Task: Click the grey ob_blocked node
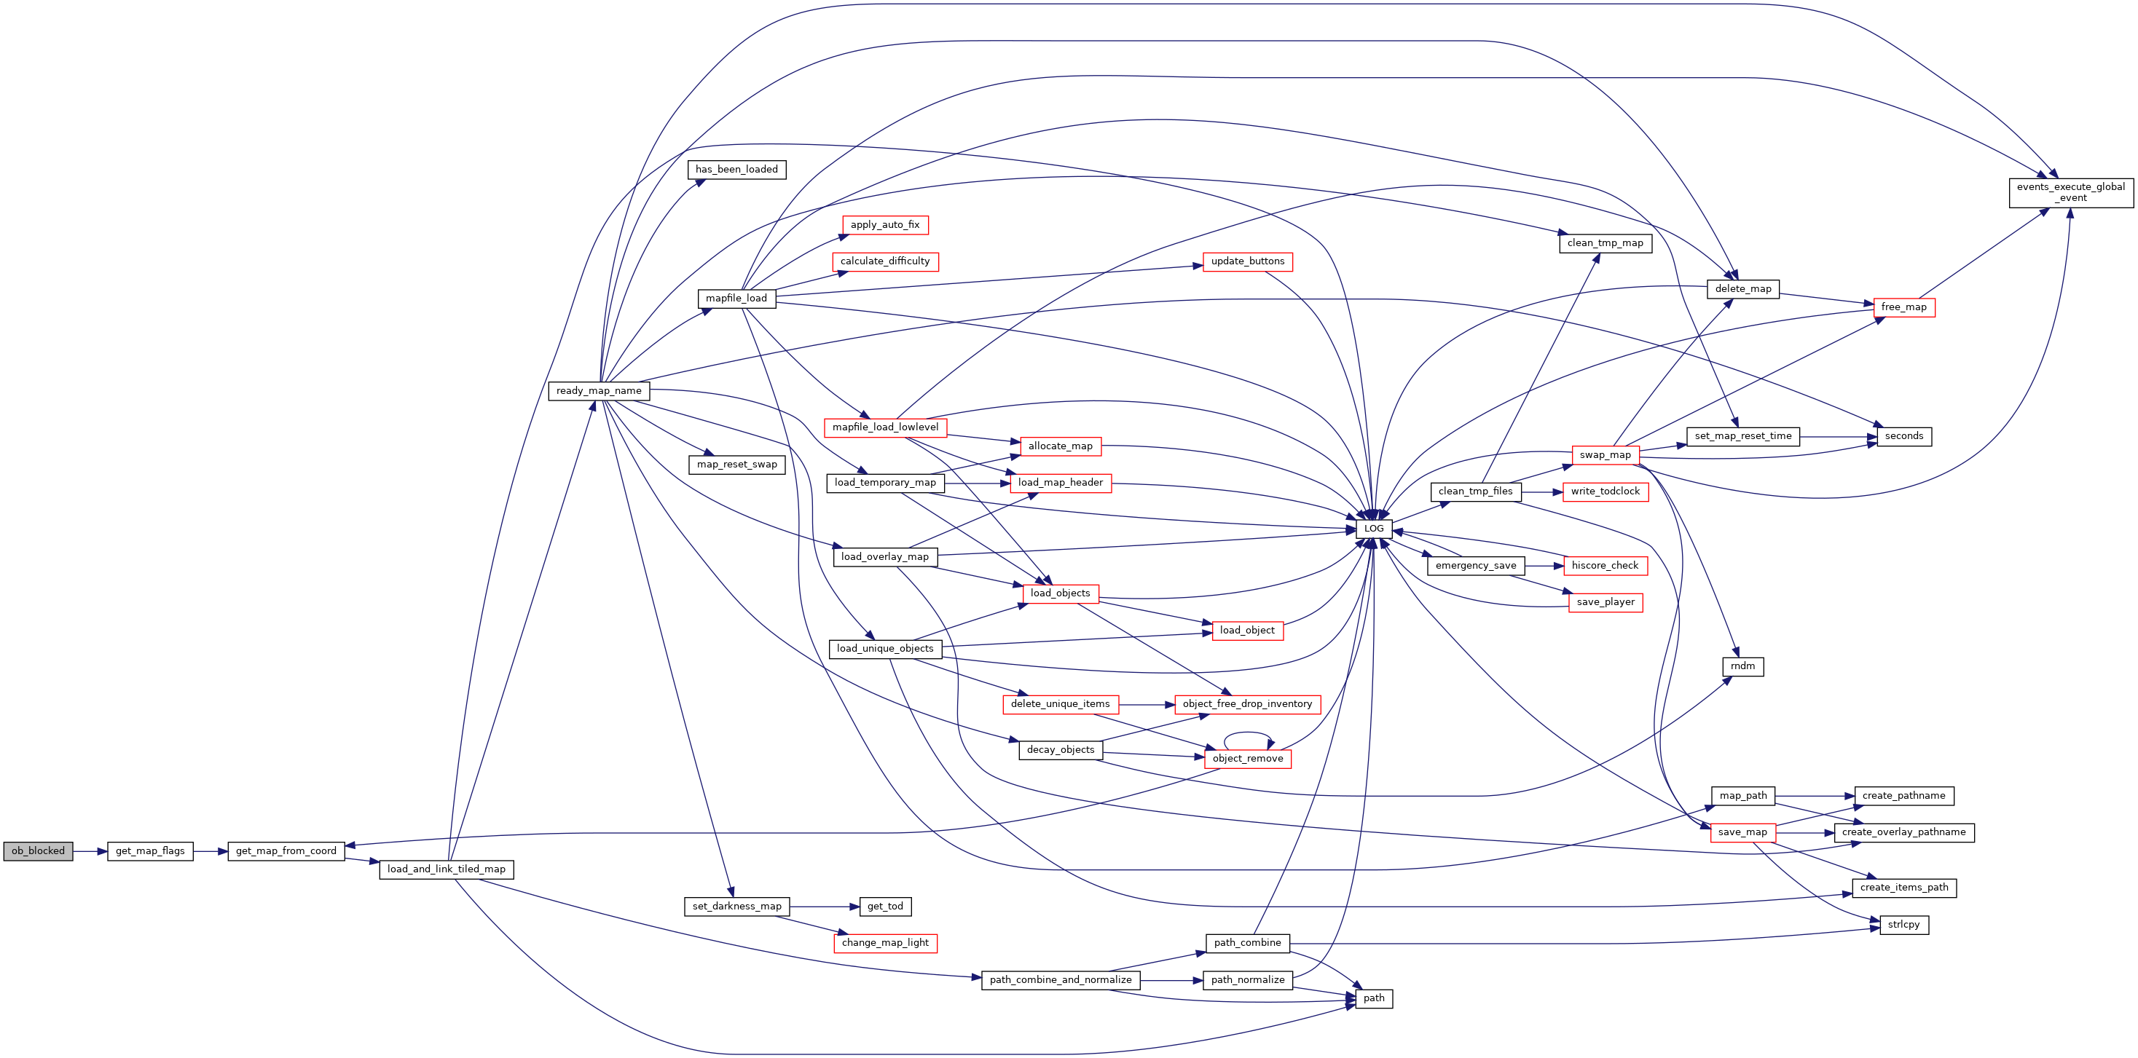38,850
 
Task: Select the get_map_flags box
150,850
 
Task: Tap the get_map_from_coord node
286,850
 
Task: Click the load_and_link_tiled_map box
447,869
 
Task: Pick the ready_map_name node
598,390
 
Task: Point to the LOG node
1374,529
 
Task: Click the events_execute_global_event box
2071,192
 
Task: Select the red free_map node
1904,307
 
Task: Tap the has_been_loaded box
737,169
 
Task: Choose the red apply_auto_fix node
885,225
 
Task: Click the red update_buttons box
1247,261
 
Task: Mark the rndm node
1743,666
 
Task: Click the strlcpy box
1904,925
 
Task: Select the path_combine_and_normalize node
1061,980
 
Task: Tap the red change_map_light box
885,943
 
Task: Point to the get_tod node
885,906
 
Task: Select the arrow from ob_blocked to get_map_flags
90,851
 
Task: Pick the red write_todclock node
1606,492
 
